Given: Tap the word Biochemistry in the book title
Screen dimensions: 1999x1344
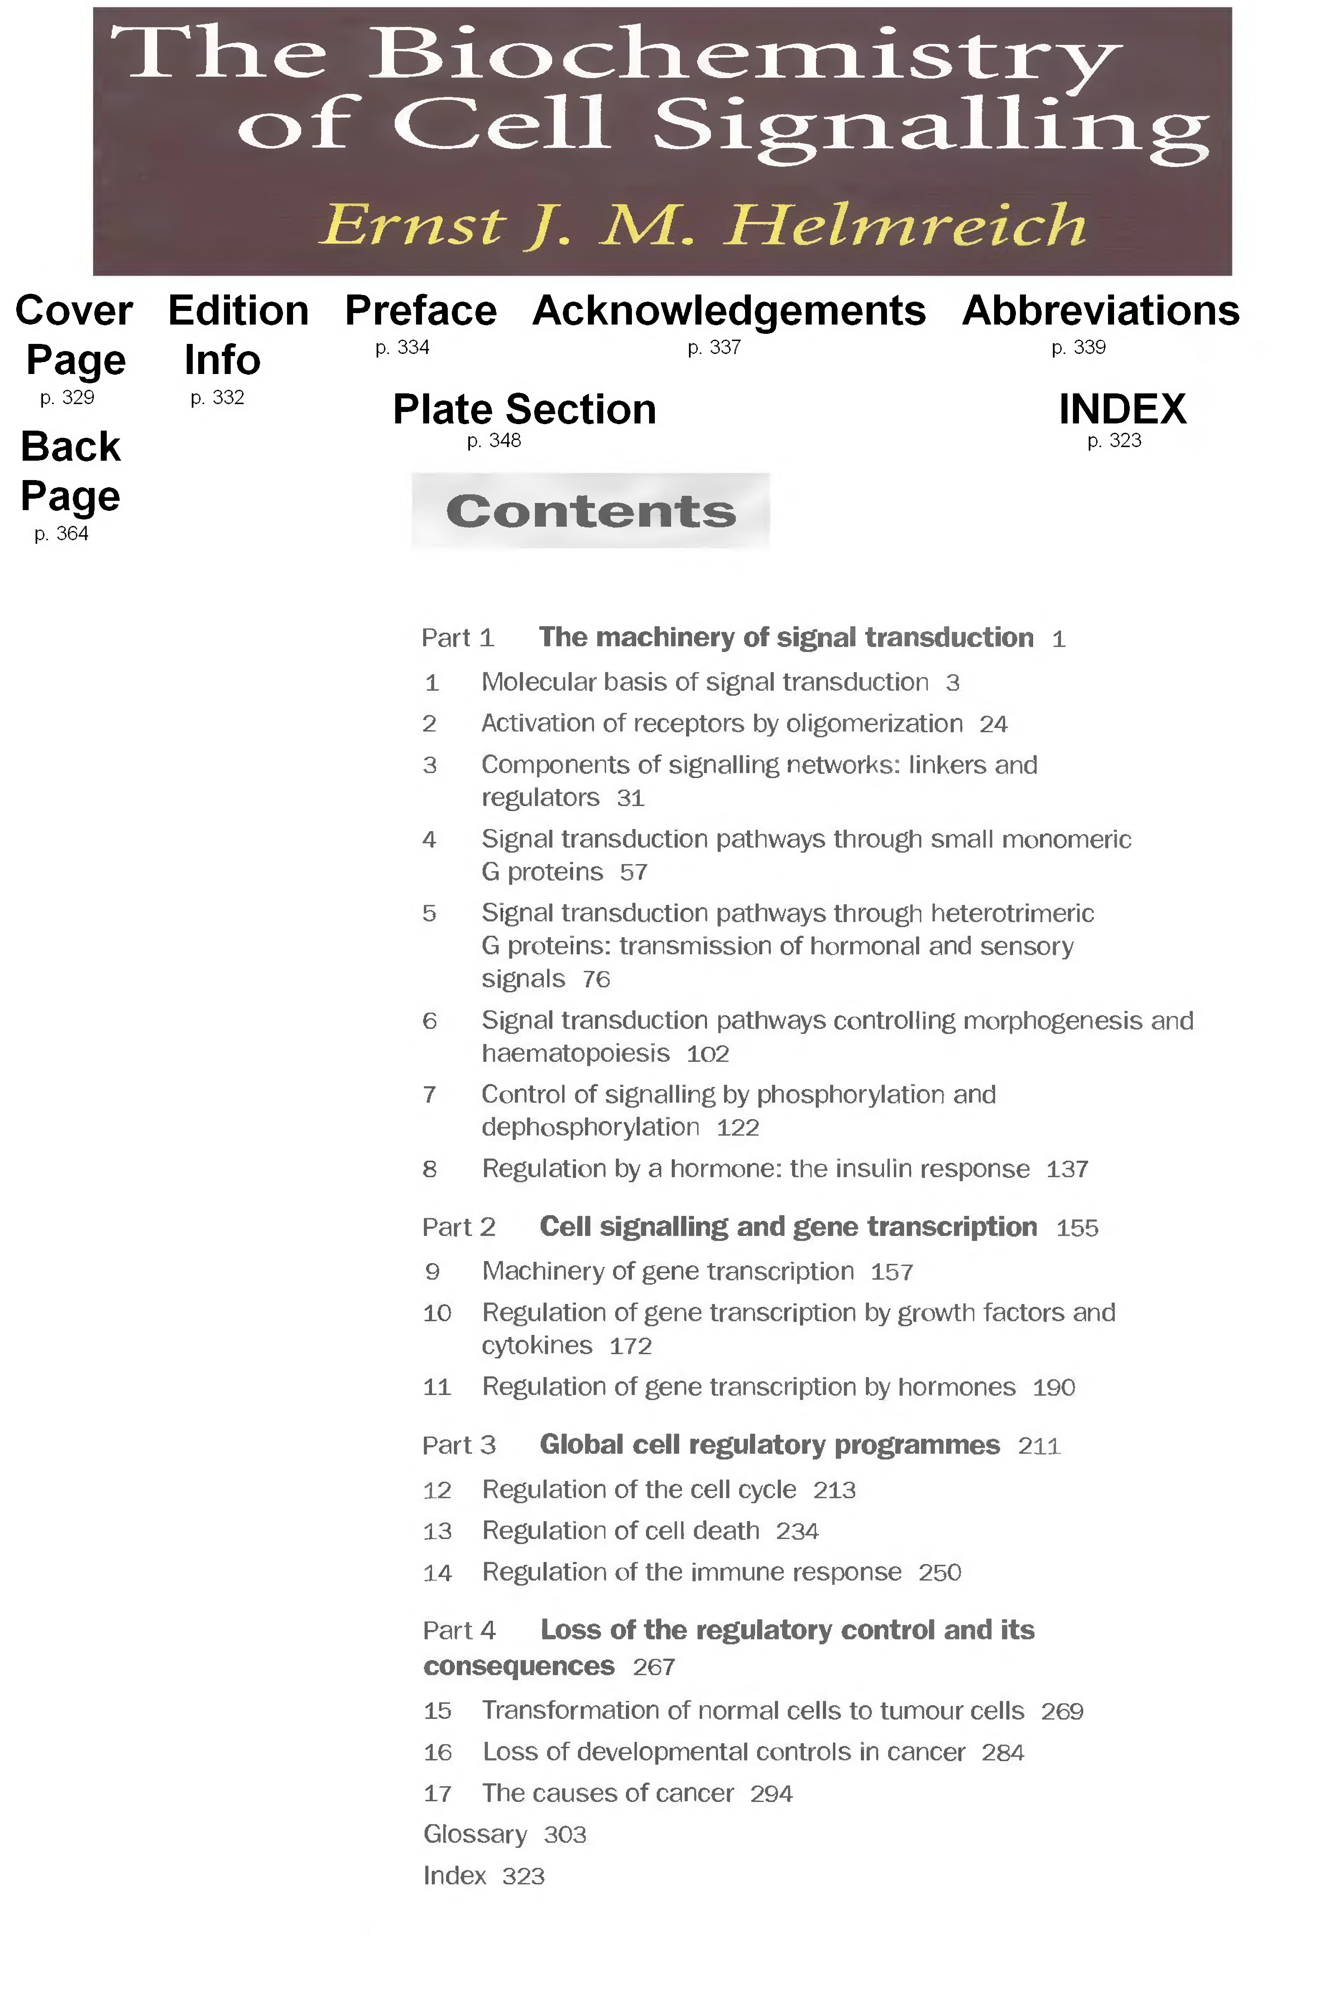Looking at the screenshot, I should (744, 53).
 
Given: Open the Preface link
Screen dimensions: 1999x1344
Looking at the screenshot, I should (420, 310).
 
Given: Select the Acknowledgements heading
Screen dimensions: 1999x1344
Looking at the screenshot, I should (729, 310).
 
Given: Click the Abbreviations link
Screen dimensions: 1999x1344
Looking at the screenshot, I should (1101, 310).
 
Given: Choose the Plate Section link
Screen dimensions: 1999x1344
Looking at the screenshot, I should (524, 409).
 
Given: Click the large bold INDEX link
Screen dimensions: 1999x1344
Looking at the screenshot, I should (1122, 409).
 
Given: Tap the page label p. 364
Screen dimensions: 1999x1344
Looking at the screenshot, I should (61, 534).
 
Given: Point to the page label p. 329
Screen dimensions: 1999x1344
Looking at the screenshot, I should (67, 398).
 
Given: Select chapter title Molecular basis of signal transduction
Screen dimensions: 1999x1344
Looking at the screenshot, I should (704, 682).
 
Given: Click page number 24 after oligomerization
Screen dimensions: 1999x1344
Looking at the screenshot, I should (993, 724).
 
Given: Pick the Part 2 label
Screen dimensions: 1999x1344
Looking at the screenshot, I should (459, 1228).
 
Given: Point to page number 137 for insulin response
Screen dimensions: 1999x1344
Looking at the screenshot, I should (1067, 1169).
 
